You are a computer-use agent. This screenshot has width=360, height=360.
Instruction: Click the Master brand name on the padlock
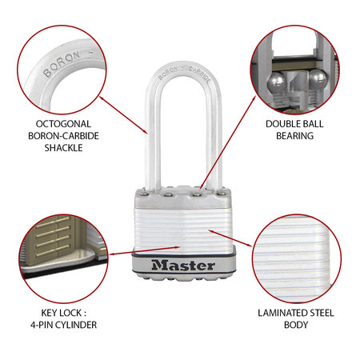coord(180,265)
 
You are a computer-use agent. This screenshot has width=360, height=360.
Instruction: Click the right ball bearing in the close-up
coord(316,82)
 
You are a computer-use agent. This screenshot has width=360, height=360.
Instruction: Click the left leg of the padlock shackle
coord(154,144)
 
